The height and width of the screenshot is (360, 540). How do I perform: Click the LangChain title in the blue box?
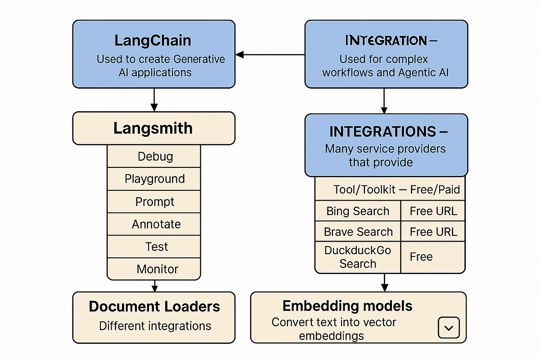[x=153, y=40]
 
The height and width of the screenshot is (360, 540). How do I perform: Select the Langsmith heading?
[x=153, y=128]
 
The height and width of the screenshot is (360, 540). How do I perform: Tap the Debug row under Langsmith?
[x=155, y=157]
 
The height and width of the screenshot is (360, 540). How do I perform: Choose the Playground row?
[x=155, y=179]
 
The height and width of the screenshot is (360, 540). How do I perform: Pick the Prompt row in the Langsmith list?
[x=155, y=202]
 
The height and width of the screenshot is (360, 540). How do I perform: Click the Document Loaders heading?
[x=154, y=306]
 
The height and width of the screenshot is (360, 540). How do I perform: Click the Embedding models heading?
[x=347, y=306]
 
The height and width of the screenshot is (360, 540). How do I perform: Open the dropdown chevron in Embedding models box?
[x=449, y=328]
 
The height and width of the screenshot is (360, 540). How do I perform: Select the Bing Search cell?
[x=358, y=211]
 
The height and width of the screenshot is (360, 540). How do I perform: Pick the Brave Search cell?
[x=358, y=232]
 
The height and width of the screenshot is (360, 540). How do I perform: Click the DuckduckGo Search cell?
[x=358, y=257]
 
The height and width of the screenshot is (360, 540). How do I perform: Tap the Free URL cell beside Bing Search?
[x=433, y=211]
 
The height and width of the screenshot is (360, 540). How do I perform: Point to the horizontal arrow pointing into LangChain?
[x=270, y=54]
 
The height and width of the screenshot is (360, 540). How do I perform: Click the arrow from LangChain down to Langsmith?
[x=154, y=99]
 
